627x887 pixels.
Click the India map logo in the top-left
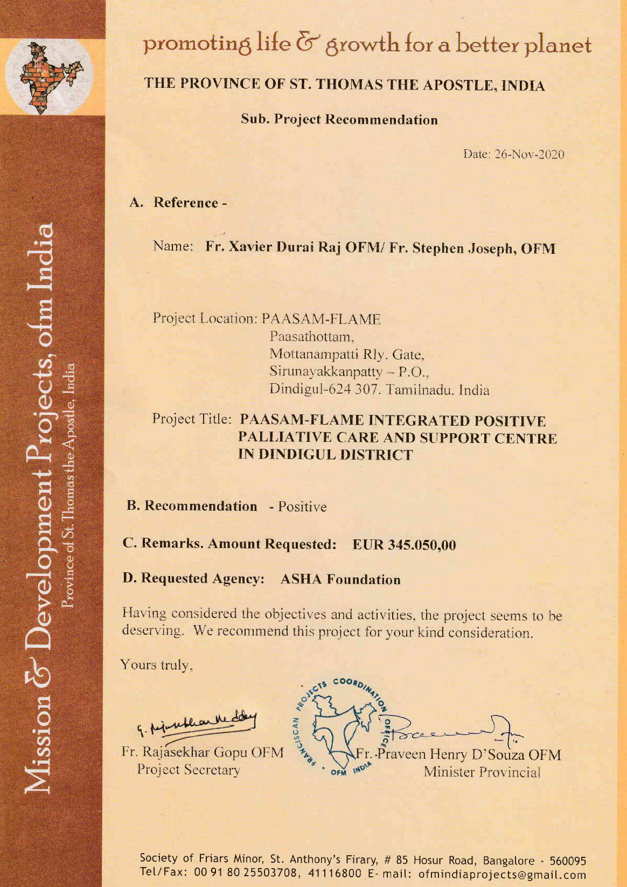(49, 77)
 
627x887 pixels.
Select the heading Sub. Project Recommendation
(339, 120)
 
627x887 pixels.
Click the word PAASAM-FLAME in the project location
(321, 319)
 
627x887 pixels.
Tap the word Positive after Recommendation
(302, 507)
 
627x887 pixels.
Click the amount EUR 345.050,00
(404, 545)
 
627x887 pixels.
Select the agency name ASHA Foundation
(340, 579)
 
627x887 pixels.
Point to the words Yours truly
(156, 665)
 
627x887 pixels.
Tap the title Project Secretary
(189, 770)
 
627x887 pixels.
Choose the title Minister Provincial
(482, 772)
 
